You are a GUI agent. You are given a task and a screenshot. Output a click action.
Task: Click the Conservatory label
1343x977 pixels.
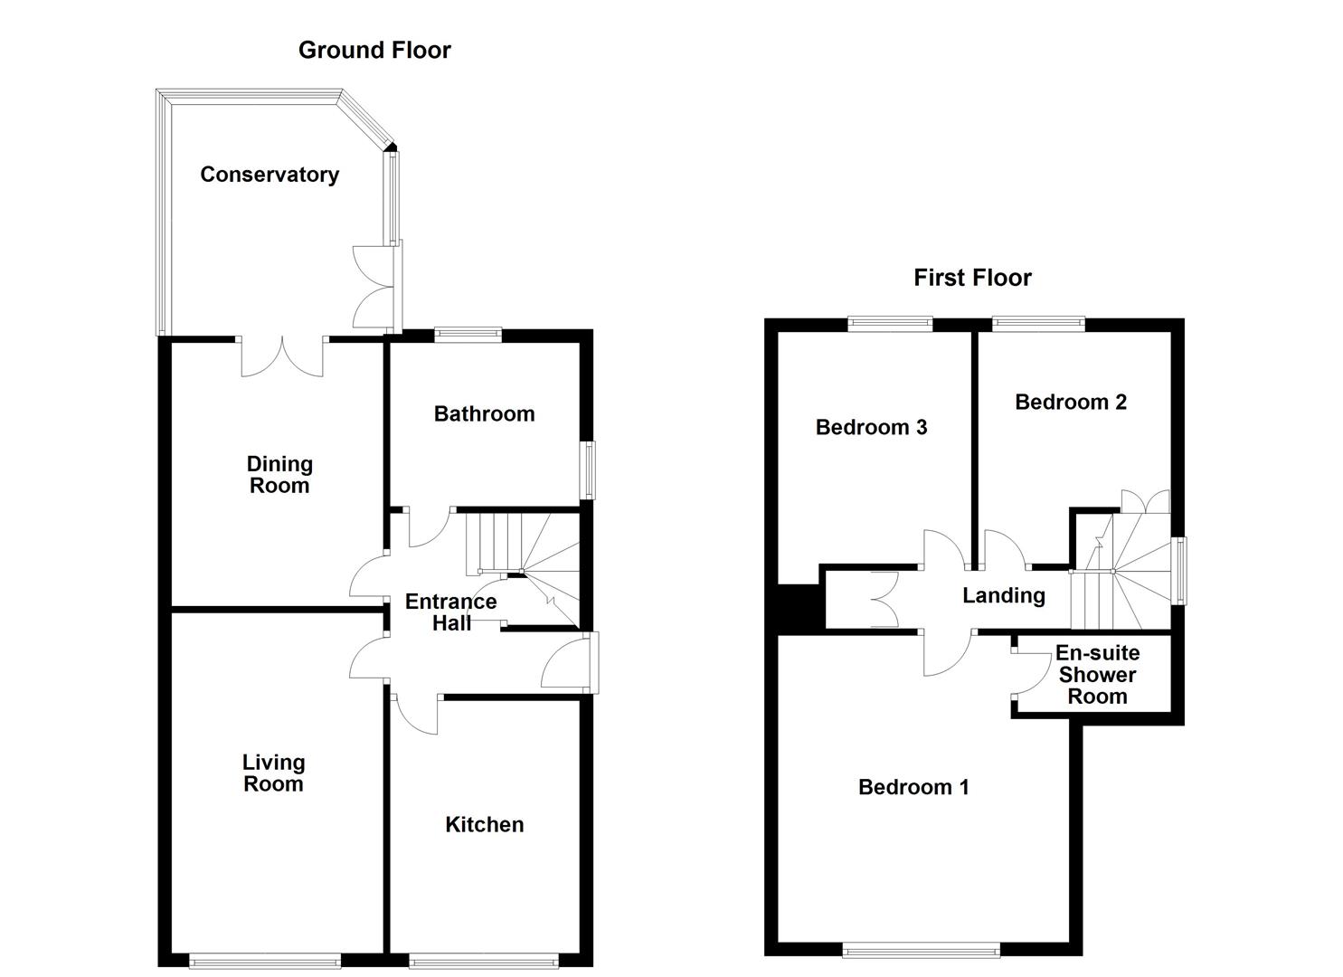pos(270,175)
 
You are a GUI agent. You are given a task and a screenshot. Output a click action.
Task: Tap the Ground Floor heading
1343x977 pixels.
pos(374,51)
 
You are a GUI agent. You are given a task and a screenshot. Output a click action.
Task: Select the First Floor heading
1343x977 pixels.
pos(972,278)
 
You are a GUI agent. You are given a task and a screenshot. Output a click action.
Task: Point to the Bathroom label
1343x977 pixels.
pos(484,414)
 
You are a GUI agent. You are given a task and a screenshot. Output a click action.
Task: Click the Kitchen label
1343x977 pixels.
pos(484,824)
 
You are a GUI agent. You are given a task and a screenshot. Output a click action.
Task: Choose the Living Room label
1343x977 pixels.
pos(273,773)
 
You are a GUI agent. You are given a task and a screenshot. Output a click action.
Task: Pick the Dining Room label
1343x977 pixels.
pos(279,475)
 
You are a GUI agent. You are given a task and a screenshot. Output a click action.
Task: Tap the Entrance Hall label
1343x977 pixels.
pos(450,612)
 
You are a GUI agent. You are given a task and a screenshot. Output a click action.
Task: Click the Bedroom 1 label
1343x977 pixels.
pos(913,787)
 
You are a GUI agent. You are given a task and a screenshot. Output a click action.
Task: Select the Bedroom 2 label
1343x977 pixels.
pos(1071,403)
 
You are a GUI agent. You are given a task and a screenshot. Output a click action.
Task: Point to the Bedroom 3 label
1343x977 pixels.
pos(871,427)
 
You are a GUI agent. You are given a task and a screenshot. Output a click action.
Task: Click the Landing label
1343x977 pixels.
pos(1003,595)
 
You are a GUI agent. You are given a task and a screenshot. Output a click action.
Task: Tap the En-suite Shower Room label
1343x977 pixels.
pos(1097,675)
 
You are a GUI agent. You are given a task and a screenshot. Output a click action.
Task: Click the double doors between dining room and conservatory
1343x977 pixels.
pos(282,356)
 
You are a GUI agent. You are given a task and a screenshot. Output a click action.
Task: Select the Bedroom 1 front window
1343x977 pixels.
pos(921,949)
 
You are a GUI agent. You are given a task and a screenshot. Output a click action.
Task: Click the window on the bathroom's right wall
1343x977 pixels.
pos(589,470)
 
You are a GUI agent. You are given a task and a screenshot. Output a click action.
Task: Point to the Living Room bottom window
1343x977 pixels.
pos(265,961)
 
